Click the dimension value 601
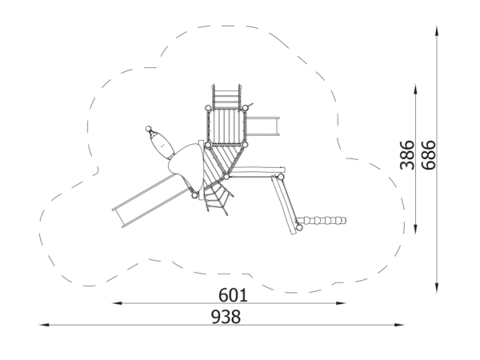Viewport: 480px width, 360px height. pos(233,295)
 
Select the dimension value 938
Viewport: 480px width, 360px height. pos(226,317)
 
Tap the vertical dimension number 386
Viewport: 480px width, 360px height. pos(407,155)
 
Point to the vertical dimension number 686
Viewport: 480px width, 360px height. pos(428,155)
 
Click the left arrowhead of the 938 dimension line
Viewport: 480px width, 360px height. pos(44,325)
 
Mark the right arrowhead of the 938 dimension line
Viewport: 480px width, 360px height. pos(399,325)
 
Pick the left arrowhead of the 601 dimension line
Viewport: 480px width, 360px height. pos(118,303)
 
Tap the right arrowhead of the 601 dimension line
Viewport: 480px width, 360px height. pos(341,303)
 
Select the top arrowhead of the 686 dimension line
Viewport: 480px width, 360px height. pos(437,31)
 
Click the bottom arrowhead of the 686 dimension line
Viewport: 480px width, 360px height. pos(437,288)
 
